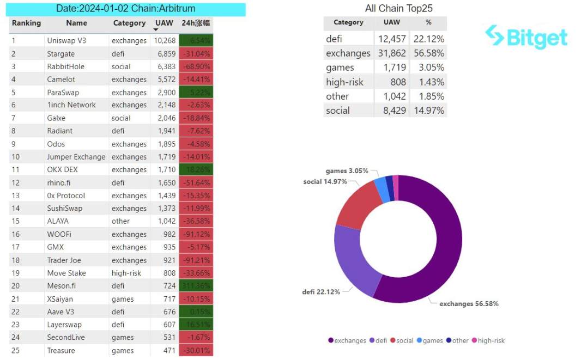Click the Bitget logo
(526, 37)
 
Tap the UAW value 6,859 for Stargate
(165, 54)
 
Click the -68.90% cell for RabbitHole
(196, 66)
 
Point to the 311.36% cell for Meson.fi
(196, 286)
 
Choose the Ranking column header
(26, 23)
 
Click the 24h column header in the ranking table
(196, 23)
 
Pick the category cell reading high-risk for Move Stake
(126, 273)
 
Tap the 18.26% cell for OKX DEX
(196, 169)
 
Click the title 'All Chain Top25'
(398, 8)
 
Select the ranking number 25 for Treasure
(16, 350)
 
